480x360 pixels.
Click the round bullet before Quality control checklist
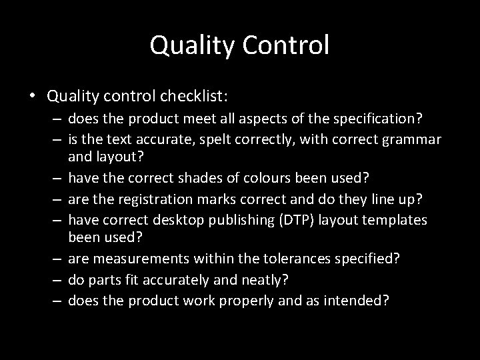point(33,96)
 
